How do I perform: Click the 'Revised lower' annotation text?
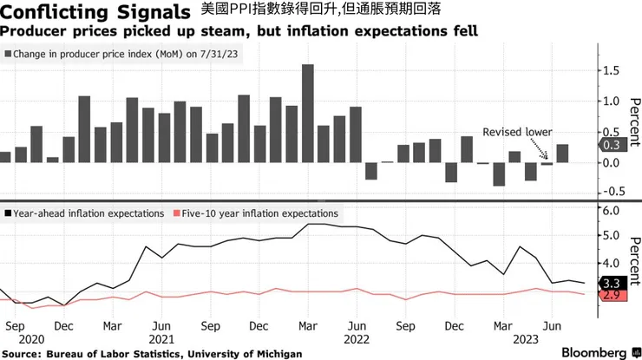518,131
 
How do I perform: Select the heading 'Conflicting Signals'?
96,12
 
